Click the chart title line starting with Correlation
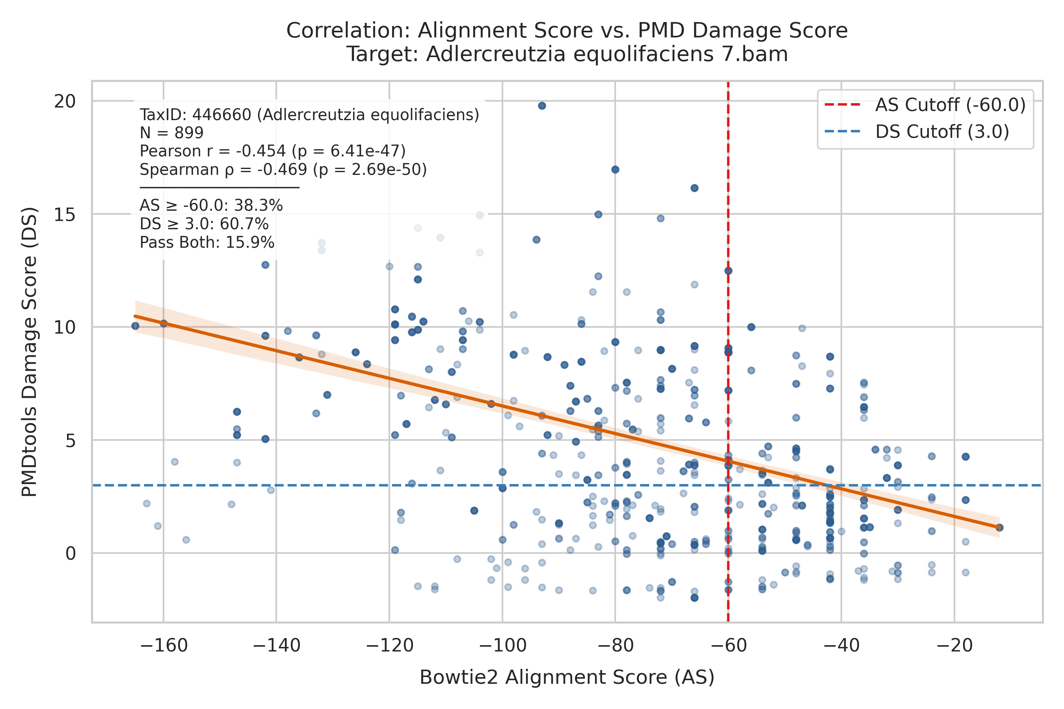(567, 31)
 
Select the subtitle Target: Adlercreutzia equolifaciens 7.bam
(567, 54)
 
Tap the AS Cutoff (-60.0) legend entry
(925, 105)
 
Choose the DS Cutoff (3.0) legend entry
(917, 132)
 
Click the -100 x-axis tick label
(502, 646)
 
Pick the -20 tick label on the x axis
(954, 646)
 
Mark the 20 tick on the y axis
(65, 101)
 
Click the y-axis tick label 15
(65, 214)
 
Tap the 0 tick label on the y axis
(71, 553)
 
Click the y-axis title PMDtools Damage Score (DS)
(30, 352)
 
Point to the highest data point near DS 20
(542, 106)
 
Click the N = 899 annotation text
(171, 133)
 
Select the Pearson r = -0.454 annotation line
(272, 151)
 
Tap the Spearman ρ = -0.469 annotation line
(283, 169)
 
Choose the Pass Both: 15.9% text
(207, 242)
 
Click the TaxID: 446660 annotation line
(309, 115)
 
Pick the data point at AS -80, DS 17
(615, 169)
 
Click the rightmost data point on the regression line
(1000, 528)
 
